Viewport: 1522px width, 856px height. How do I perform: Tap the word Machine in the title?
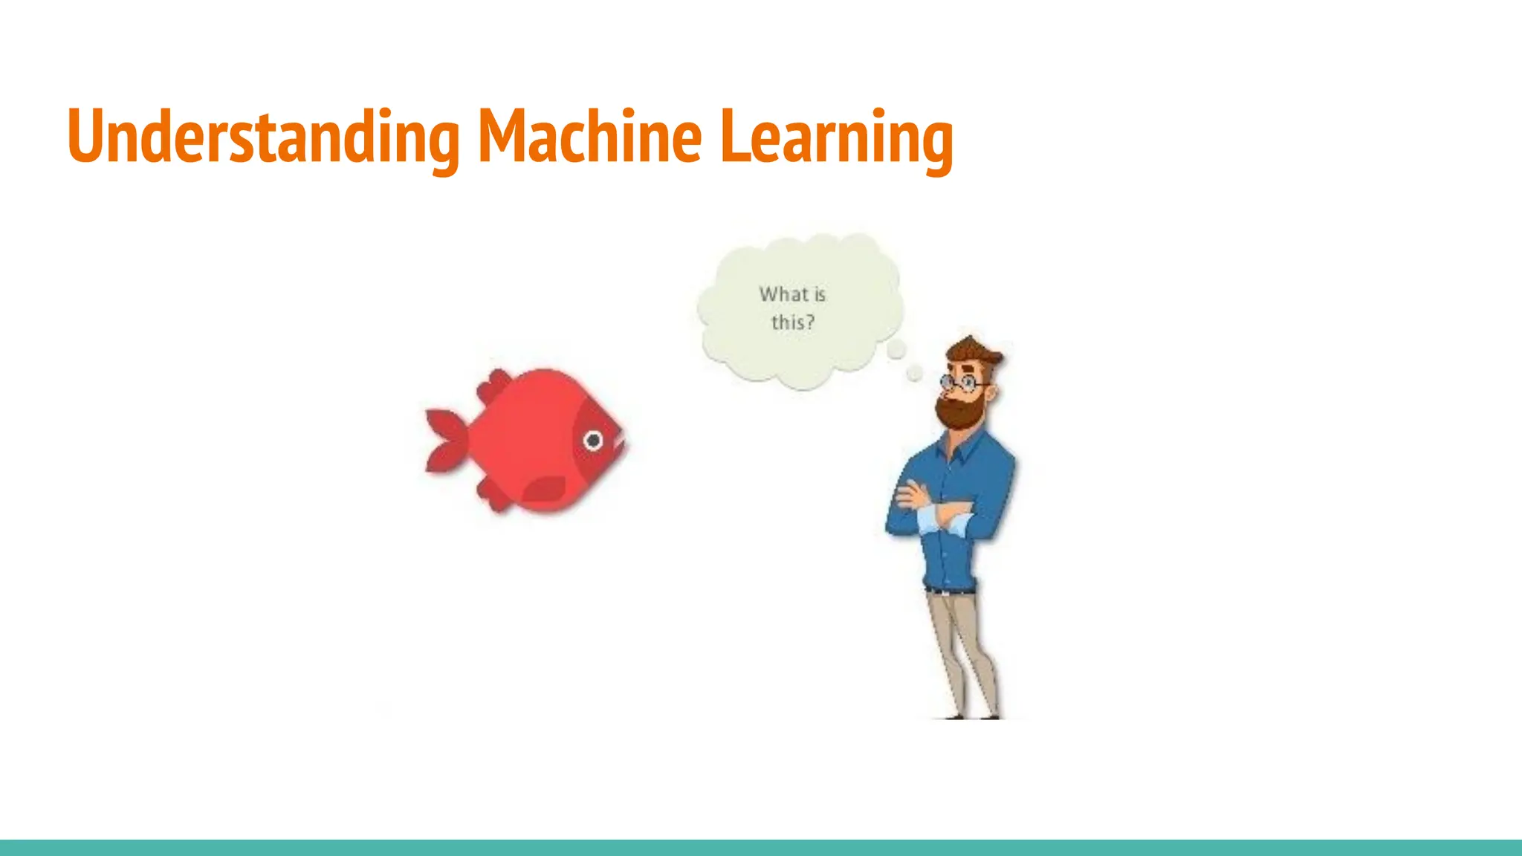pos(589,137)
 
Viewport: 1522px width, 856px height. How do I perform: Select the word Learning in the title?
pos(837,137)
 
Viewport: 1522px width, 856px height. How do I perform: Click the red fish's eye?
pos(593,441)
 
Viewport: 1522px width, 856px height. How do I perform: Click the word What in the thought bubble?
pos(783,294)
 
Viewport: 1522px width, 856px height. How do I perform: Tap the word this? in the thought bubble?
pos(792,322)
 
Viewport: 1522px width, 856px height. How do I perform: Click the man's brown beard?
pos(959,412)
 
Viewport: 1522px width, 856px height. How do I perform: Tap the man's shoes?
pos(966,715)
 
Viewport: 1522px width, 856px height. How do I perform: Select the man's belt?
pos(950,591)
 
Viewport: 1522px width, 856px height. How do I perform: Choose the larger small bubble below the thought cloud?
pos(897,349)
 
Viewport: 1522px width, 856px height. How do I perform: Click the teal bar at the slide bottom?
pos(761,847)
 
